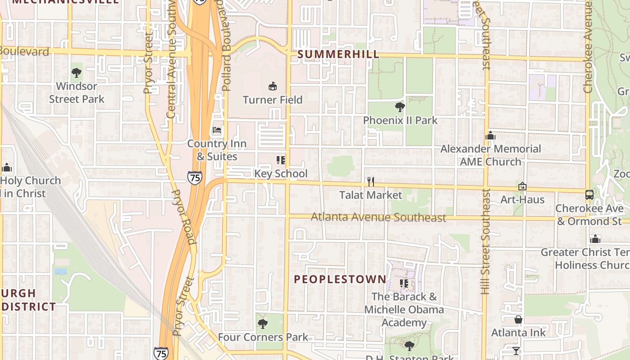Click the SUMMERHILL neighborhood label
coord(338,54)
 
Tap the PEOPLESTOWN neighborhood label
coord(340,279)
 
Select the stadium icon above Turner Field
coord(272,86)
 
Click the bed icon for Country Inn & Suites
coord(217,130)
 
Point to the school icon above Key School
coord(281,160)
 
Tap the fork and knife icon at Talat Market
coord(370,182)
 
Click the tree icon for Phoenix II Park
coord(400,107)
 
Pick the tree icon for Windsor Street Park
coord(76,72)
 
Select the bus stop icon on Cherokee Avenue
coord(589,195)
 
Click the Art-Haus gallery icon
coord(522,186)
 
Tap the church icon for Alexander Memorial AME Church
coord(490,135)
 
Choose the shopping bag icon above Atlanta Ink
coord(518,319)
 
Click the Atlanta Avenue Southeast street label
coord(378,217)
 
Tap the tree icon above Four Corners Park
coord(263,324)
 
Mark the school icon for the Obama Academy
coord(404,283)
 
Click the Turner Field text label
coord(273,99)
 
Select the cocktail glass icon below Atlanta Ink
coord(516,350)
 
